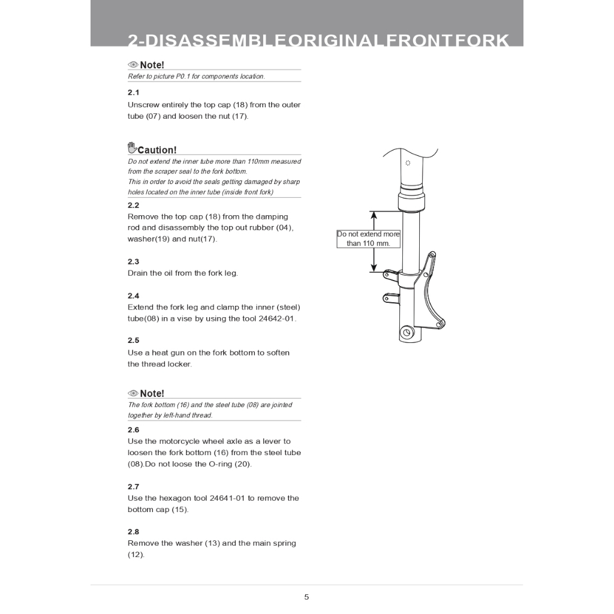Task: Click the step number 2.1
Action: click(133, 92)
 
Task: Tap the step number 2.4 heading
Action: click(133, 296)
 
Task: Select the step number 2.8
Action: click(133, 532)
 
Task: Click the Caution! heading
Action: click(157, 150)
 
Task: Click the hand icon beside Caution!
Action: click(132, 148)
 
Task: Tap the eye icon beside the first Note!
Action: click(133, 65)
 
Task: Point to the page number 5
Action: click(306, 597)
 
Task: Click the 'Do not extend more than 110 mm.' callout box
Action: click(368, 239)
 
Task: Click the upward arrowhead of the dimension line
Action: click(374, 215)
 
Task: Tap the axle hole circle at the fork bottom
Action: click(407, 333)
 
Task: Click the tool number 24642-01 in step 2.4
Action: click(276, 318)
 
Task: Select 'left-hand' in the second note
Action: click(176, 415)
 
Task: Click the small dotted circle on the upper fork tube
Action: click(408, 162)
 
